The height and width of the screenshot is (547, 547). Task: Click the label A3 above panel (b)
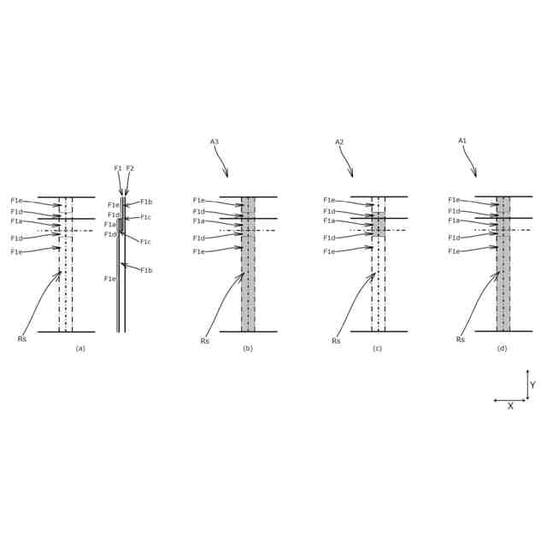(215, 142)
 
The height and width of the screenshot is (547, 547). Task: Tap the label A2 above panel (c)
(339, 142)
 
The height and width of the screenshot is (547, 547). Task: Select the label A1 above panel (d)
(462, 141)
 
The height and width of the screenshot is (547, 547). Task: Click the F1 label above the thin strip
(118, 168)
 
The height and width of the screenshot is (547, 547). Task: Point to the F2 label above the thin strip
(130, 168)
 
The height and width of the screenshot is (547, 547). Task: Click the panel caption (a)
(80, 348)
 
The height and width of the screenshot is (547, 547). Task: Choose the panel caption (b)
(248, 348)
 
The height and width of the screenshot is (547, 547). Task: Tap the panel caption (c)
(377, 348)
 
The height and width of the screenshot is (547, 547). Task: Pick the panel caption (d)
(502, 348)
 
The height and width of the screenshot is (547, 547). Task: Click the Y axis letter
(532, 385)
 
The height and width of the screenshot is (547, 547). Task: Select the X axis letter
(510, 406)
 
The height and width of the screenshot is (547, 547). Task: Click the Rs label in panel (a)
(21, 339)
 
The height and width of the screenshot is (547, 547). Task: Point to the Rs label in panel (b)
(204, 341)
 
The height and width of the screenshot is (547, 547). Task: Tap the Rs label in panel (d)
(460, 339)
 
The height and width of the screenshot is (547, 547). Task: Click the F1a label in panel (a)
(16, 221)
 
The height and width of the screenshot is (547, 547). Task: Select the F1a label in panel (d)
(454, 221)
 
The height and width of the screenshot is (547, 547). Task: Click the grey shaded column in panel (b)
(248, 273)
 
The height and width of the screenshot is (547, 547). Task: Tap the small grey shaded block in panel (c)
(379, 225)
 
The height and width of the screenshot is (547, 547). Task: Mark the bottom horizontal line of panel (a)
(66, 332)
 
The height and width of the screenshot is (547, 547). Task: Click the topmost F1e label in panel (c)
(329, 200)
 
